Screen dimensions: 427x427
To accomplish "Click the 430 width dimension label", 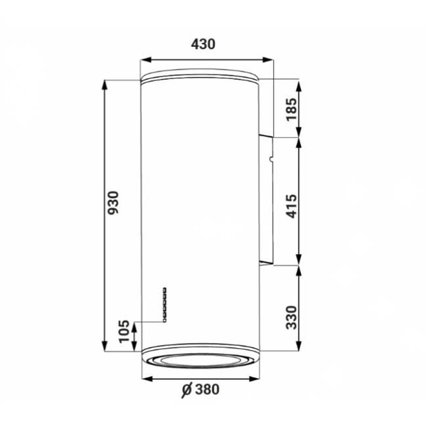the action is pos(203,44).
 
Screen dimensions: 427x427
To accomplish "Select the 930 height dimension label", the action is pos(113,203).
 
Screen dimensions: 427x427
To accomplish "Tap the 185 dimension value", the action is pos(291,109).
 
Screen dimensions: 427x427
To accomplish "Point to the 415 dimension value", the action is pos(291,206).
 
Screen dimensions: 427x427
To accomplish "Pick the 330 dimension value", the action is pos(291,317).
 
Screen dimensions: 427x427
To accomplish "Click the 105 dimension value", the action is pos(124,332).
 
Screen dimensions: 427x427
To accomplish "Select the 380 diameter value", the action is pos(207,389).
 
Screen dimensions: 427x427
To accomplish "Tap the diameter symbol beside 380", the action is pos(187,390).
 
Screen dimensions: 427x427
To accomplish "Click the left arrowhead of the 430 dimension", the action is pos(146,60).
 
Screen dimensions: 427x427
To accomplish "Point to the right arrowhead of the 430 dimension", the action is pos(268,60).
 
